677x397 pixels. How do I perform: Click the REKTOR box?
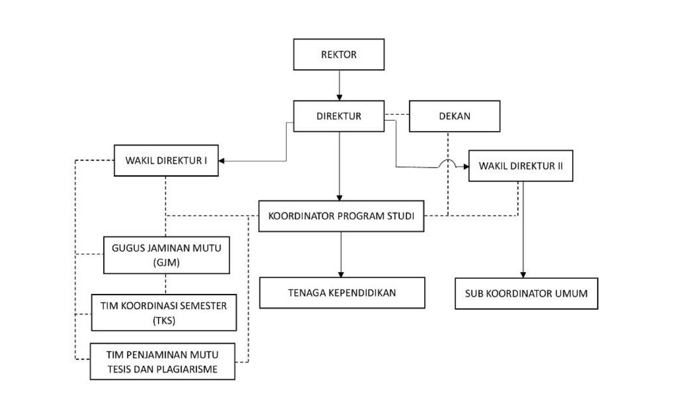338,54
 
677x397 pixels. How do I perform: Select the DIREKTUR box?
338,116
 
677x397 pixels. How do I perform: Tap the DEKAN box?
454,116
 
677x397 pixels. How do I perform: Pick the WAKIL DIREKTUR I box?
166,160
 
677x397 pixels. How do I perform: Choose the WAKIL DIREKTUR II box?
521,166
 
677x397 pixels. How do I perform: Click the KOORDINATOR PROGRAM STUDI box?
341,216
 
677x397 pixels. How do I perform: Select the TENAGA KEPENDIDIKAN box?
342,292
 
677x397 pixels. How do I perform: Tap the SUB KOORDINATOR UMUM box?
526,293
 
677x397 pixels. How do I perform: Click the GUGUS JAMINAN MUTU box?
166,255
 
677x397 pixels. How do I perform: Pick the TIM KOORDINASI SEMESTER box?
163,313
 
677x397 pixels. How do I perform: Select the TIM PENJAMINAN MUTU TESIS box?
162,362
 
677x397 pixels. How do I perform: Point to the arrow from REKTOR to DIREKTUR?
338,85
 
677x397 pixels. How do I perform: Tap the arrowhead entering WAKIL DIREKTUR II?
466,167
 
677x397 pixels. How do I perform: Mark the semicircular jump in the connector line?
448,164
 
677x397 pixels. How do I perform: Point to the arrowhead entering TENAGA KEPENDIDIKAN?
341,274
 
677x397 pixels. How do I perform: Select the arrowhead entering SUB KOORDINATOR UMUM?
523,275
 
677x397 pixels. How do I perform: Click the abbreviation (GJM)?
166,261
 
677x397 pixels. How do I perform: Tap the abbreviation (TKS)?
163,319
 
